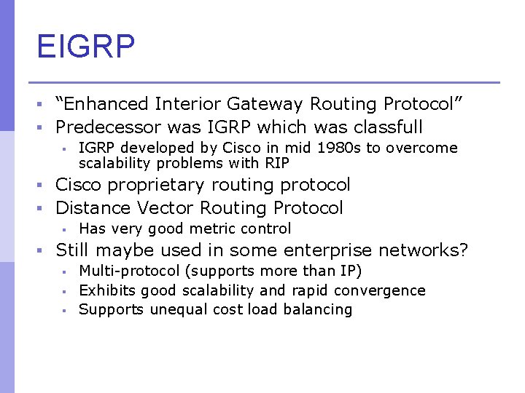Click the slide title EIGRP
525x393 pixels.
point(86,47)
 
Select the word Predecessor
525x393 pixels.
point(109,127)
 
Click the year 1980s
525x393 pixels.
point(338,148)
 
